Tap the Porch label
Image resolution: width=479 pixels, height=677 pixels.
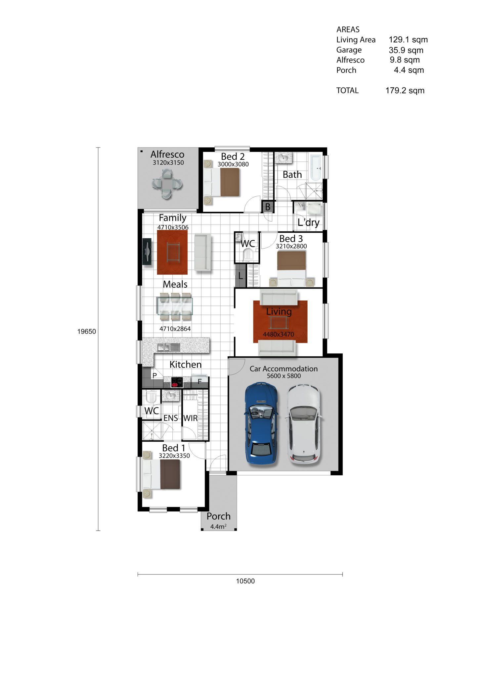[218, 516]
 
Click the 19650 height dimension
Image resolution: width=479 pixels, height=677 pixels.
[87, 332]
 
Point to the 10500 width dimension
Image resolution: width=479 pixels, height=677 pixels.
[245, 581]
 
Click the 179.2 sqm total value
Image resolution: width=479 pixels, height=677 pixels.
[405, 91]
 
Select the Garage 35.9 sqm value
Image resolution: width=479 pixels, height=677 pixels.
[406, 50]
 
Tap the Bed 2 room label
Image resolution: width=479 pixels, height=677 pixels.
[233, 156]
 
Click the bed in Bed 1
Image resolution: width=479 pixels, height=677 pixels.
[161, 474]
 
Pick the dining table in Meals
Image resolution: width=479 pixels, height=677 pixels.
[175, 306]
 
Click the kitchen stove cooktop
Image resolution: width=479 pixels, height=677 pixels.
[177, 382]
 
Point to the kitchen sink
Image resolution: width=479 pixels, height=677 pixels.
[168, 347]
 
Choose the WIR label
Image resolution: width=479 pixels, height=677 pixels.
[190, 418]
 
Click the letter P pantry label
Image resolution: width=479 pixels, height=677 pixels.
[154, 376]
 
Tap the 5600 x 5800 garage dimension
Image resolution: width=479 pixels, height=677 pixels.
[284, 376]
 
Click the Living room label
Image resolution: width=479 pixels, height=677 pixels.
[279, 311]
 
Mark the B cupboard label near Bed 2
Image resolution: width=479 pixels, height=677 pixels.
[268, 207]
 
